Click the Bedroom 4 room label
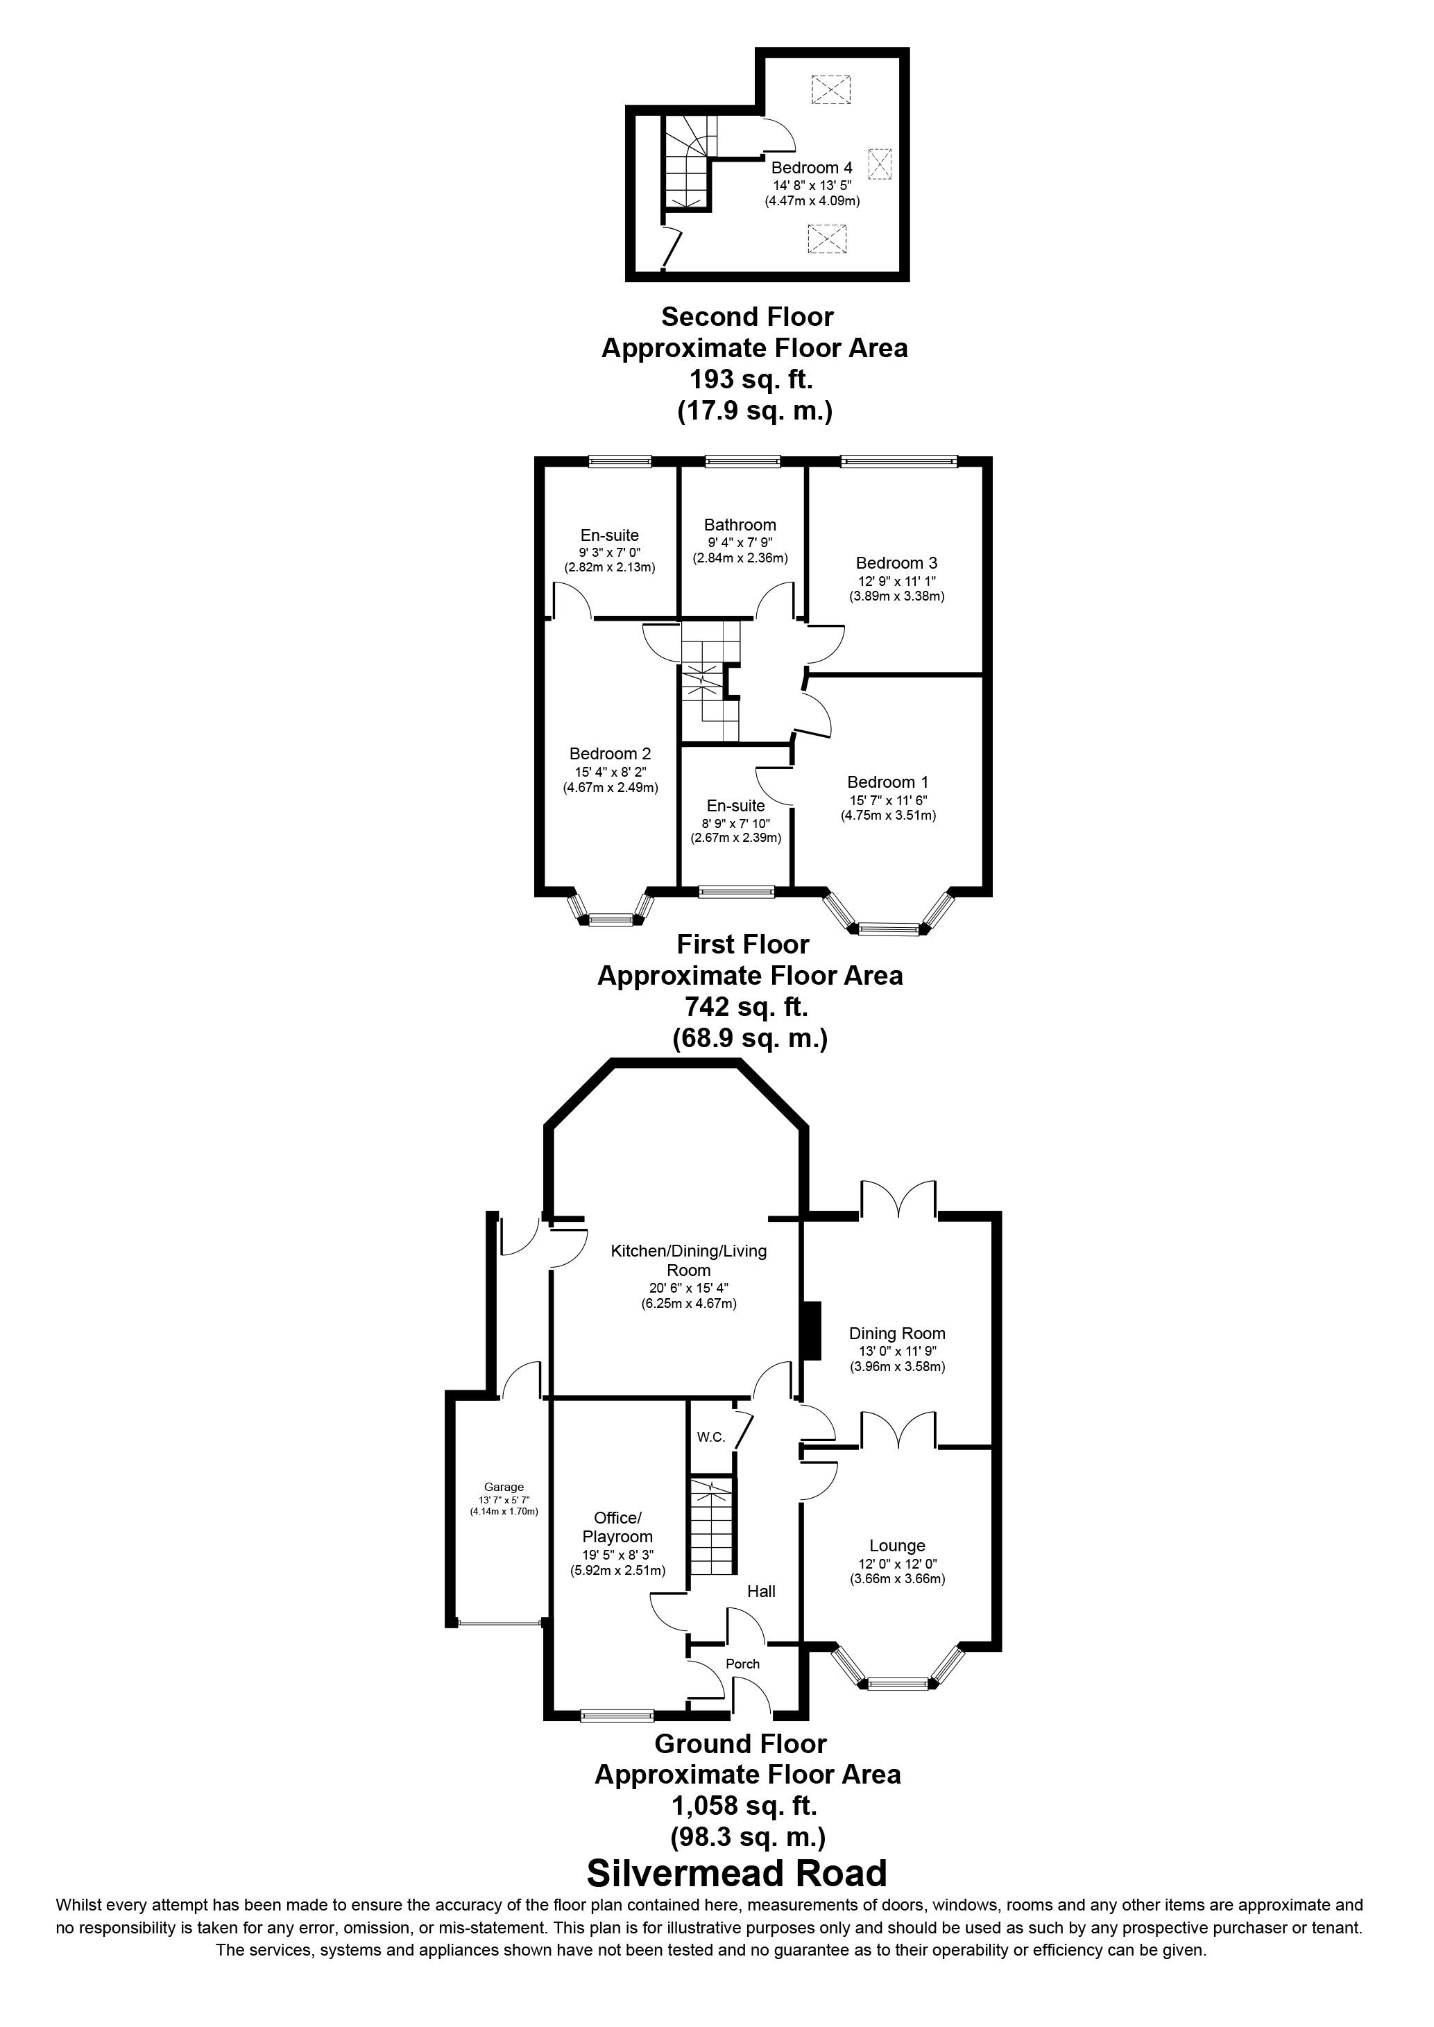pyautogui.click(x=812, y=168)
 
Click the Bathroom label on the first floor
pyautogui.click(x=740, y=525)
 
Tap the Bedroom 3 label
pyautogui.click(x=896, y=563)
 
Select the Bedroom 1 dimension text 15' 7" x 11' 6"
pyautogui.click(x=887, y=800)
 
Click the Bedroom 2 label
pyautogui.click(x=610, y=754)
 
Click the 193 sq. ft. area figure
pyautogui.click(x=751, y=379)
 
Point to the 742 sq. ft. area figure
pyautogui.click(x=746, y=1008)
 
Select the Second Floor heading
pyautogui.click(x=747, y=316)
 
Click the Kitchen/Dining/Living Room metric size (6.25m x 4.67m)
pyautogui.click(x=689, y=1304)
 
